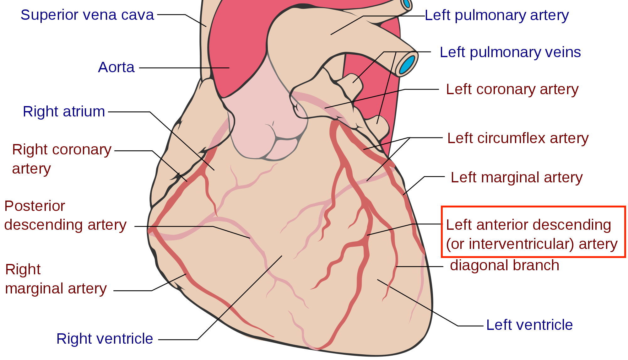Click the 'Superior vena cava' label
click(87, 15)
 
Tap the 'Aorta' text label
click(116, 67)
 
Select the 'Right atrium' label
click(64, 111)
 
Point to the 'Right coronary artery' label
click(62, 159)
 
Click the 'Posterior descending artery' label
click(65, 215)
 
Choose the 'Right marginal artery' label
click(56, 279)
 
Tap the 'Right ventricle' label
click(105, 339)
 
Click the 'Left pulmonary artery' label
click(496, 15)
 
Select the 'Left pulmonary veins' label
click(510, 52)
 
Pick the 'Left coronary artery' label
click(512, 89)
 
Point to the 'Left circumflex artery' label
click(518, 138)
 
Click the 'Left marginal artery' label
click(517, 177)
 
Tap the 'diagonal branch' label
click(504, 265)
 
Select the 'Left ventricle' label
click(529, 325)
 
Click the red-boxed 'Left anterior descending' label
click(528, 225)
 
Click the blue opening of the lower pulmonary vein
click(407, 64)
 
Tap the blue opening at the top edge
click(407, 3)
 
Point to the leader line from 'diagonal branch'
click(420, 266)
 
